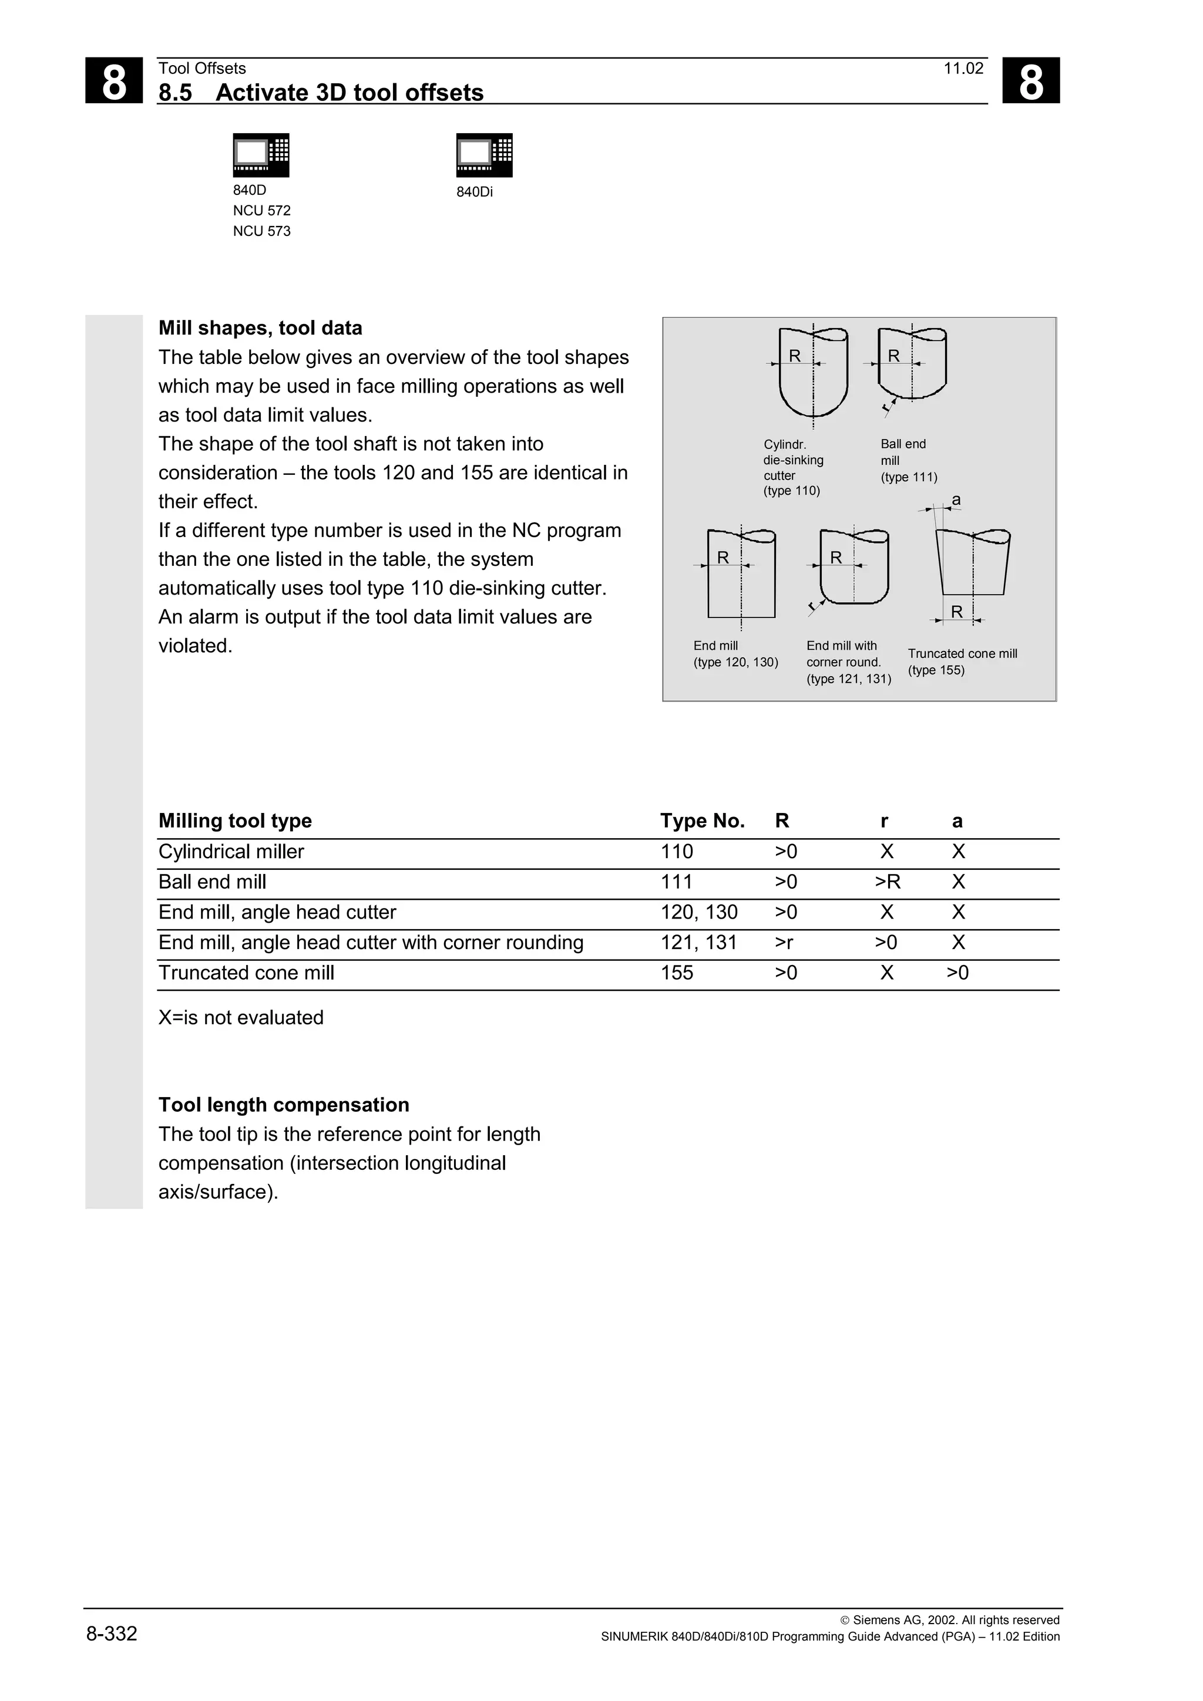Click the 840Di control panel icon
coord(484,155)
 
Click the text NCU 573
coord(261,231)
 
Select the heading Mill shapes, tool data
coord(260,328)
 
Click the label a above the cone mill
coord(956,500)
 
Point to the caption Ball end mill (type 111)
coord(908,460)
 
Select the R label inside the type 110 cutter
coord(795,356)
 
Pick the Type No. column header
coord(702,821)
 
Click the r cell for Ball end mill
coord(887,882)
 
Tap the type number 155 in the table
coord(677,973)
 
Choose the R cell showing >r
coord(784,943)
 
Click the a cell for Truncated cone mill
coord(957,973)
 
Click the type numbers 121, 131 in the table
coord(698,943)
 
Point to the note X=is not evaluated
coord(241,1018)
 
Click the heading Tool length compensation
coord(284,1105)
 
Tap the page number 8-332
coord(112,1634)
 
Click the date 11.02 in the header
coord(963,69)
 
